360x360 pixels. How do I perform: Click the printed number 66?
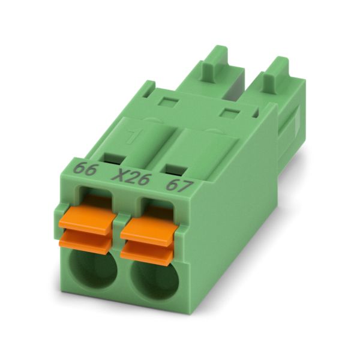click(85, 169)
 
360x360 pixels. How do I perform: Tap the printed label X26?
click(131, 177)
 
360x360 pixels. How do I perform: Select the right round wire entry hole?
click(155, 280)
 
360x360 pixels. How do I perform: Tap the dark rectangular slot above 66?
click(115, 159)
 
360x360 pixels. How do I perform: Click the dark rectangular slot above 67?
click(176, 169)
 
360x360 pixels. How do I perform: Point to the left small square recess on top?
click(169, 102)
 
